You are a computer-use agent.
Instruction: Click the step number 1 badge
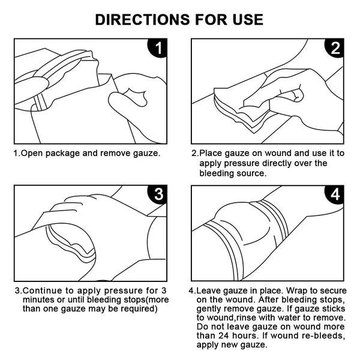tap(157, 50)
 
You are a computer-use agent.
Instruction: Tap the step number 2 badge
tap(335, 50)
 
